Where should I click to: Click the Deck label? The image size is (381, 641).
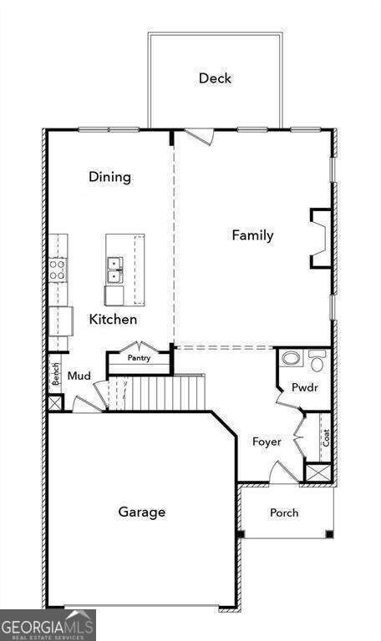click(215, 78)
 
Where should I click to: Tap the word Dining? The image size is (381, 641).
click(110, 177)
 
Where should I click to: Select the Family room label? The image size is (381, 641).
click(252, 235)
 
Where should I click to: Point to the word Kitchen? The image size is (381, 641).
click(113, 319)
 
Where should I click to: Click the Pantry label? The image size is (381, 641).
click(140, 358)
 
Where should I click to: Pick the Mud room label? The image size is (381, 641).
click(79, 376)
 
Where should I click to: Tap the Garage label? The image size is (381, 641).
click(141, 512)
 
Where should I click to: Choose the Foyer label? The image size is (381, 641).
click(267, 442)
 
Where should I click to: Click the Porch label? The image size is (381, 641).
click(284, 512)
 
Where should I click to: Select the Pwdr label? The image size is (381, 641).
click(305, 387)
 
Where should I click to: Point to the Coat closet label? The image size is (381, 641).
click(326, 438)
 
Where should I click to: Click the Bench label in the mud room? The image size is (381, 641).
click(56, 374)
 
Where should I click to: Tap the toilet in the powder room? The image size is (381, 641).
click(317, 361)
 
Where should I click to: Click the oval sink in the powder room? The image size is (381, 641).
click(292, 359)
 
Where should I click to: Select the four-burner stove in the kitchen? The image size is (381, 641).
click(58, 270)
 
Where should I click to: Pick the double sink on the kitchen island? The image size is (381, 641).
click(115, 270)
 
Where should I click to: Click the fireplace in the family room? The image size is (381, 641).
click(321, 239)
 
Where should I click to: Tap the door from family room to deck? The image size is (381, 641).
click(200, 136)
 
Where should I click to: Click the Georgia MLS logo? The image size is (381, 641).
click(48, 624)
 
